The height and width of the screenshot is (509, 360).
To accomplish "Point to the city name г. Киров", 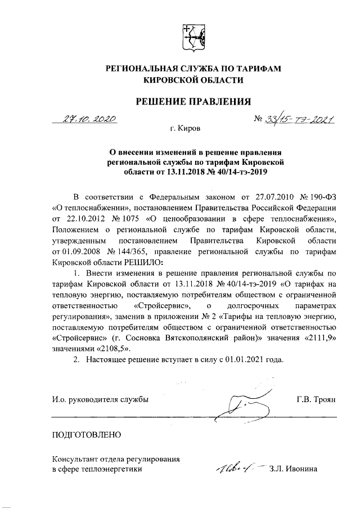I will click(185, 129).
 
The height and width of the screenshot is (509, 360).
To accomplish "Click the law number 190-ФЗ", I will click(318, 196).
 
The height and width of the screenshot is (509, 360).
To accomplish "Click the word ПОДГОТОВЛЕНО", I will click(85, 434).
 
